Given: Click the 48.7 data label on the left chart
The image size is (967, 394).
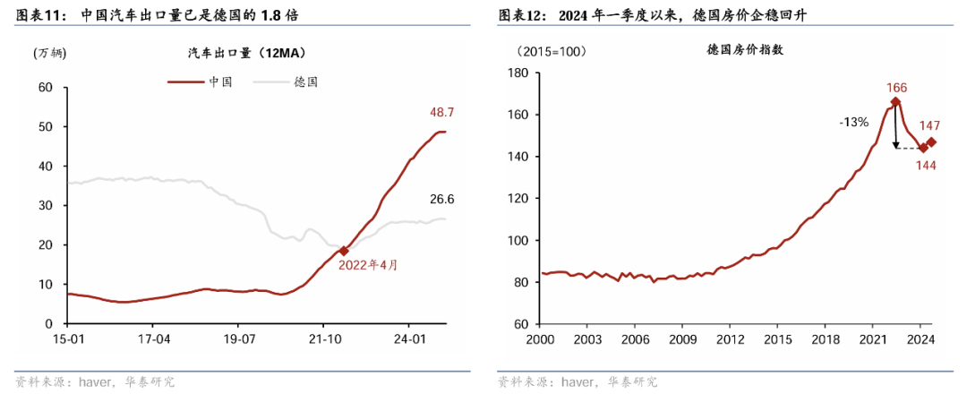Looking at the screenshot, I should [442, 113].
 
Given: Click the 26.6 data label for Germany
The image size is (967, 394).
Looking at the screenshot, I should [442, 199].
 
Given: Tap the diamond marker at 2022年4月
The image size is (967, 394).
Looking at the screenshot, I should [344, 251].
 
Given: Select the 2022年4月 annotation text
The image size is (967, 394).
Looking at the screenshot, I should [367, 265].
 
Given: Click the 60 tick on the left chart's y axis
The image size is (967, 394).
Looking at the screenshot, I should [47, 88].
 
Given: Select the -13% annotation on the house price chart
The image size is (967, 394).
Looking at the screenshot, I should [853, 122].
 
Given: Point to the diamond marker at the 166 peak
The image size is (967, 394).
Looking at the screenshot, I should [895, 102].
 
